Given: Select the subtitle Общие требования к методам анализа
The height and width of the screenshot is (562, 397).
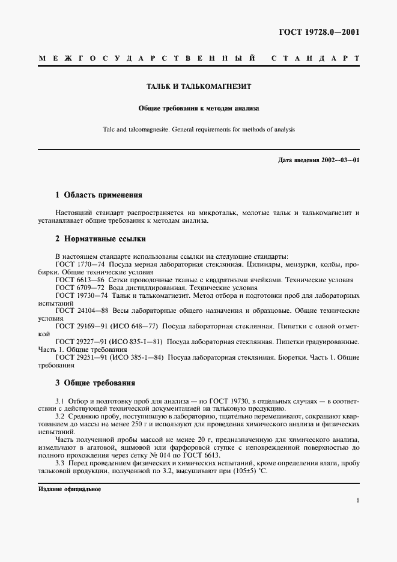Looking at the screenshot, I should coord(198,109).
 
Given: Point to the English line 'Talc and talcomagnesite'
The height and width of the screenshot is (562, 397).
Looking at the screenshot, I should coord(198,129).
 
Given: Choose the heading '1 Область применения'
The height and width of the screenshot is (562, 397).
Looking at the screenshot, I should coord(98,195).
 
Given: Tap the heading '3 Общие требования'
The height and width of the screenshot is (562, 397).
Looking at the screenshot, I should coord(95,382).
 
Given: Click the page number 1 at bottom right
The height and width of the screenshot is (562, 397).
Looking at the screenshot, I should coord(357,500).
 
